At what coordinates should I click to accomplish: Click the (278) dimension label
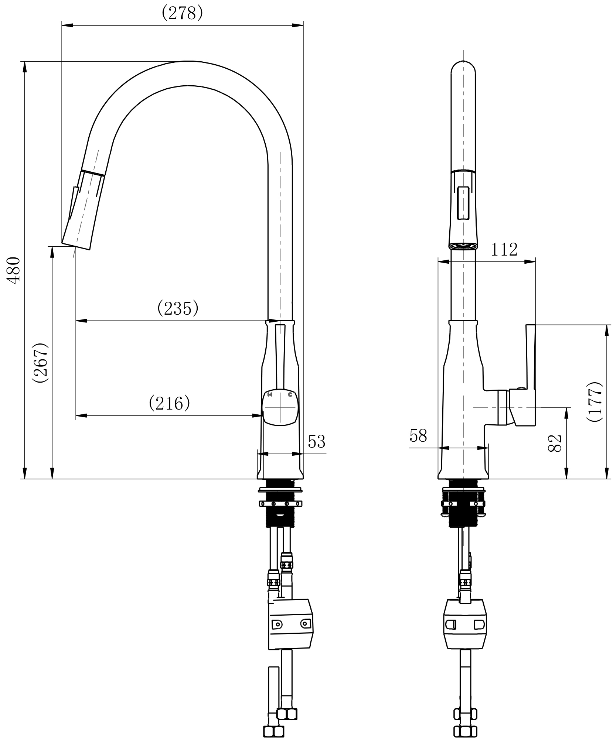(182, 14)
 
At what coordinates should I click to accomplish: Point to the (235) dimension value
(178, 309)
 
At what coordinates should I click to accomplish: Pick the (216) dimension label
(169, 403)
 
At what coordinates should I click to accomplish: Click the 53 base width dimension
(317, 441)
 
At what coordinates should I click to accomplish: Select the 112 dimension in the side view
(504, 250)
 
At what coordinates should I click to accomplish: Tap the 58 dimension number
(418, 436)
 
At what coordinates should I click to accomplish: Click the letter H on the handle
(270, 395)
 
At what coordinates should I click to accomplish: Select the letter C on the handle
(290, 394)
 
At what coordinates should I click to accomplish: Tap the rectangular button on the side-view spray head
(463, 204)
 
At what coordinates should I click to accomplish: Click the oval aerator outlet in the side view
(463, 245)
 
